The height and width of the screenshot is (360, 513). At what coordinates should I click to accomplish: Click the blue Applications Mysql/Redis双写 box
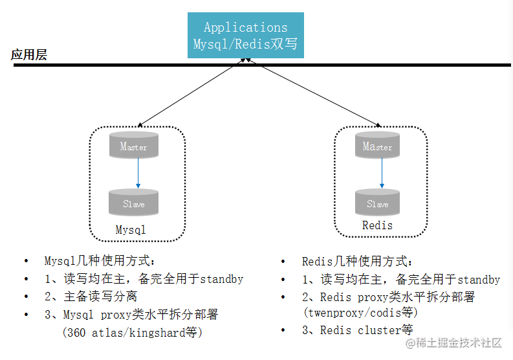tap(245, 36)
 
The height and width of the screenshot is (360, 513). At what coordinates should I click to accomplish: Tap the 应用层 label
tap(29, 55)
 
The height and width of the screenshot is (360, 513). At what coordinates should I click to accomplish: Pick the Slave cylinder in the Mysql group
tap(133, 203)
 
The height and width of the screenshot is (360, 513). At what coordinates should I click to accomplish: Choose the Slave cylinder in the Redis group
tap(377, 203)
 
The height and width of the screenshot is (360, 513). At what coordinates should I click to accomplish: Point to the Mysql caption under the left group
tap(131, 229)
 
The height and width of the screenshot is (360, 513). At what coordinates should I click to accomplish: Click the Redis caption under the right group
tap(377, 225)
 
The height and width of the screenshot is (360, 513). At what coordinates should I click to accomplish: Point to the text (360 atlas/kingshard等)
tap(132, 332)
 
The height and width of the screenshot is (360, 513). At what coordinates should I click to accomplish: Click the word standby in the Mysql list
tap(221, 279)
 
